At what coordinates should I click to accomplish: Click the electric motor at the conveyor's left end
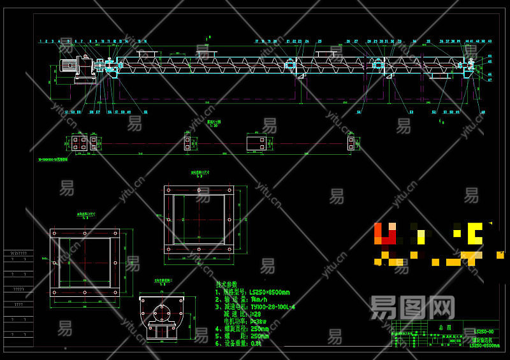point(68,66)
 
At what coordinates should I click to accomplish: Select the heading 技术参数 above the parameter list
point(226,285)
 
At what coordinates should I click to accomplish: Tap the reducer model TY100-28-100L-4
point(273,307)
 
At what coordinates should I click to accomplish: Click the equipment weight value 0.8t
point(256,343)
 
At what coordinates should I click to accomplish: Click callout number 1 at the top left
point(40,41)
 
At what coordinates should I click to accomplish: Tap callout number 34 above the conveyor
point(414,41)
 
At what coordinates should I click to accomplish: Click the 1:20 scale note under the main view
point(215,126)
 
